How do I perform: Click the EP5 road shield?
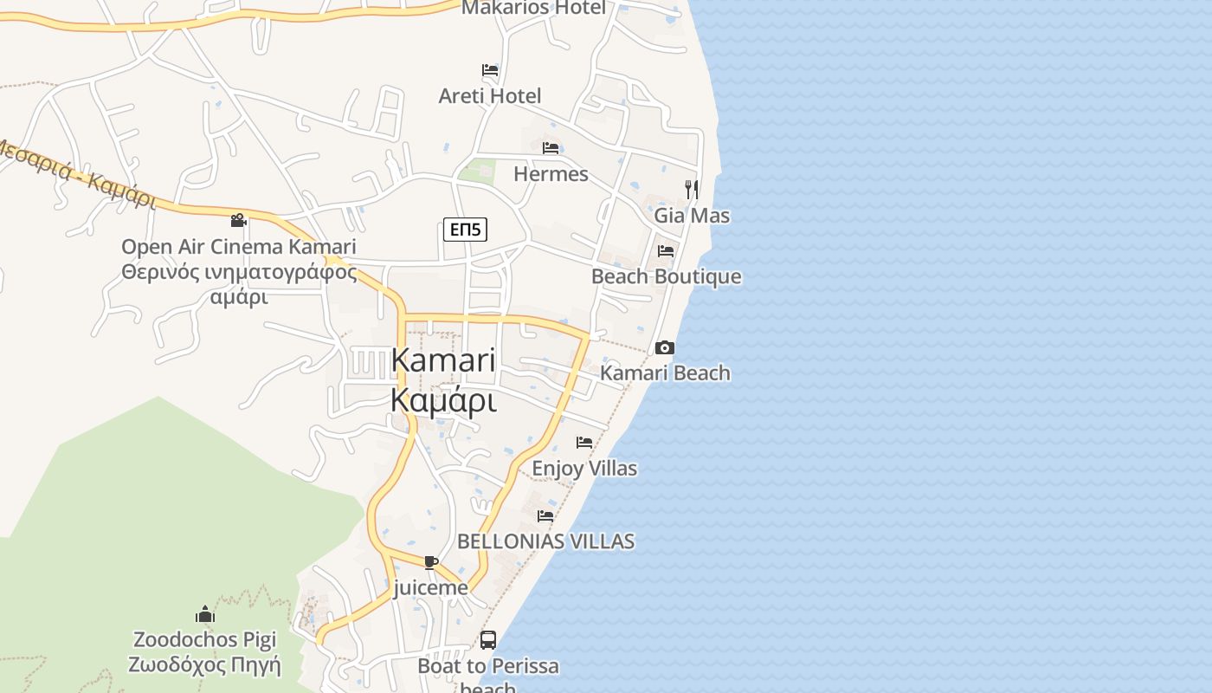pos(465,230)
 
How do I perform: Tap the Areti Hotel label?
pos(490,96)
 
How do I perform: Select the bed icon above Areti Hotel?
pos(490,70)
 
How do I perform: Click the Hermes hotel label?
pos(551,174)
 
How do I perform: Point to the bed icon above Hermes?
pos(551,148)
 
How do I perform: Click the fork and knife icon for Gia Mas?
pos(691,189)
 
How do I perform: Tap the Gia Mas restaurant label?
pos(692,216)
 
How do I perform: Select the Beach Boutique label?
pos(666,277)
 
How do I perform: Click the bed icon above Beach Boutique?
pos(666,251)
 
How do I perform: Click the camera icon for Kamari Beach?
pos(665,347)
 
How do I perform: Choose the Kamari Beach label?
pos(665,373)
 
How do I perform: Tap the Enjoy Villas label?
pos(584,469)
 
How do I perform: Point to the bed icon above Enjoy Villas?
pos(584,443)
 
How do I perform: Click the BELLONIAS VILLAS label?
pos(545,541)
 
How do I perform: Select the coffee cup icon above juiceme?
pos(431,562)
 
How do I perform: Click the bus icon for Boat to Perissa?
pos(488,640)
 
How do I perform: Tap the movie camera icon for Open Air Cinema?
pos(238,220)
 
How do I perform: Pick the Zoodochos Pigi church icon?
pos(205,614)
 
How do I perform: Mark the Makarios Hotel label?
pos(533,8)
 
